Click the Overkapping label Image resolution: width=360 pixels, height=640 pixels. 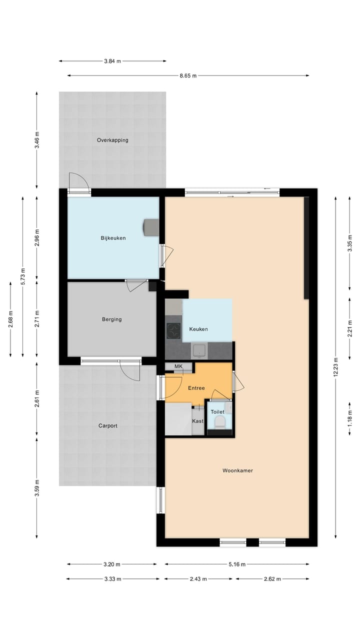[x=112, y=140]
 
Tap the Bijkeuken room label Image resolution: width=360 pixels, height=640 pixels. [x=113, y=238]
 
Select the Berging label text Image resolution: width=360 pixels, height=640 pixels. [x=112, y=319]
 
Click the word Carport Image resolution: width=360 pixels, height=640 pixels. [x=107, y=426]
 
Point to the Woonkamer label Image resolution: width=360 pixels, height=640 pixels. [x=237, y=470]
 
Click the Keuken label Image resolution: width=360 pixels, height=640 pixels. [x=198, y=329]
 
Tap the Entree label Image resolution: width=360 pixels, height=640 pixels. [x=196, y=388]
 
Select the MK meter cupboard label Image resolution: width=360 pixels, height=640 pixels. [x=178, y=366]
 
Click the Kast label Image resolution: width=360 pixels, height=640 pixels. [x=198, y=421]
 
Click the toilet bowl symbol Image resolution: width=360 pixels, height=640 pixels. [x=219, y=423]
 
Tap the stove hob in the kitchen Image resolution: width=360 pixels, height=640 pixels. [x=173, y=330]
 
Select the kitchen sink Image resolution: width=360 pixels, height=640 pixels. [x=199, y=350]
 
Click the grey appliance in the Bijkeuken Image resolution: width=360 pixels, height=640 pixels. [x=150, y=227]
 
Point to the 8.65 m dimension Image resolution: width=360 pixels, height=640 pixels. [x=188, y=75]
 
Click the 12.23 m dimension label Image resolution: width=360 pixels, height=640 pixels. [x=336, y=360]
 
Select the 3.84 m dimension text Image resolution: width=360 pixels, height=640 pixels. [x=112, y=61]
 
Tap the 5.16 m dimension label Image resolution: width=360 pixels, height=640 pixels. [x=237, y=564]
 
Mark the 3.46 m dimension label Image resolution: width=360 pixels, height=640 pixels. [x=37, y=140]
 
